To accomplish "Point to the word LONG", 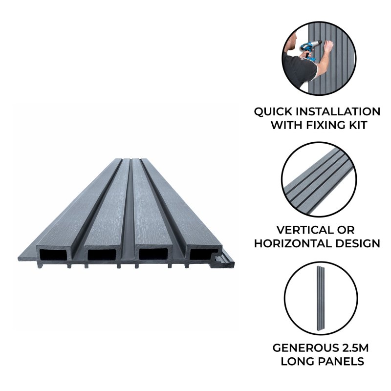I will pos(298,362).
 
